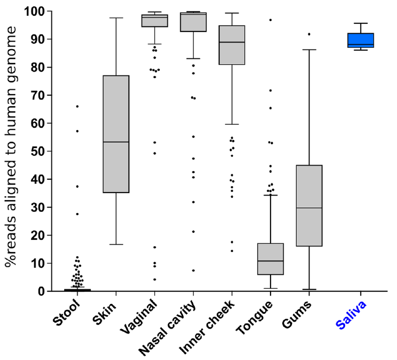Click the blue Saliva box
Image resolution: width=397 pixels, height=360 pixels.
coord(360,40)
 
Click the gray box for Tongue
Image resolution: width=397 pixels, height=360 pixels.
coord(270,259)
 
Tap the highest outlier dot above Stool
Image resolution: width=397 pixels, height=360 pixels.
coord(77,106)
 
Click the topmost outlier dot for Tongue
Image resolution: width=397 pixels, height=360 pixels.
coord(270,20)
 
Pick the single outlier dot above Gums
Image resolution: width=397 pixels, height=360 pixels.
coord(309,34)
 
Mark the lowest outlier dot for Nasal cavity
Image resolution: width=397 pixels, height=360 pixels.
coord(193,271)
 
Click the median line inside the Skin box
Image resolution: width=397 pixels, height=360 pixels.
coord(115,142)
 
